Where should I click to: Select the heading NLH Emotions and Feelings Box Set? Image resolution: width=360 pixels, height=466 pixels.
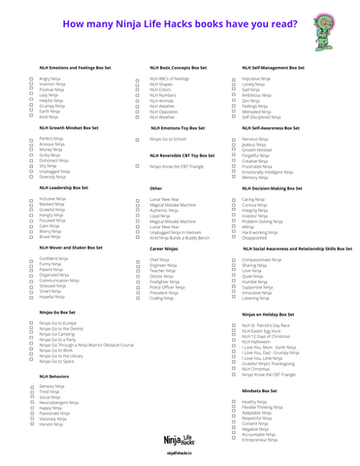click(77, 67)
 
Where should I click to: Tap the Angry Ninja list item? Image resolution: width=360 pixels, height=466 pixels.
click(50, 78)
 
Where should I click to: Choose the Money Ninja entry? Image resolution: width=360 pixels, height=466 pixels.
click(51, 150)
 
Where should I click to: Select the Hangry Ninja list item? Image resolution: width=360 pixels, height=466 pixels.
click(52, 216)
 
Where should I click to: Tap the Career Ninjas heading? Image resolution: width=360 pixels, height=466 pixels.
click(164, 250)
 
